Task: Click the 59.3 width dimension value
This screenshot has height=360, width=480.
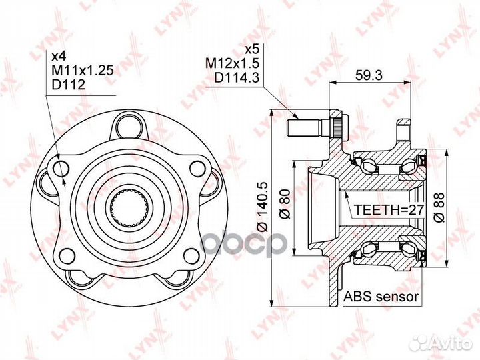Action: click(x=369, y=75)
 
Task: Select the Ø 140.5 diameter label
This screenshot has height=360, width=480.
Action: click(x=263, y=207)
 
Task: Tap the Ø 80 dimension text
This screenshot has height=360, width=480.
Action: click(x=285, y=205)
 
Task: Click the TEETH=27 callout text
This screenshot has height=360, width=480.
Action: click(x=389, y=210)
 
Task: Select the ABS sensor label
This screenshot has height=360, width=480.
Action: click(x=381, y=297)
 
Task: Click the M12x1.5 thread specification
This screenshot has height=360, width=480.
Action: click(x=233, y=63)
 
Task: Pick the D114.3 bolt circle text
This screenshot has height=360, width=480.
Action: click(x=237, y=77)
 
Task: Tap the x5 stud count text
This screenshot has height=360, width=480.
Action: click(x=252, y=49)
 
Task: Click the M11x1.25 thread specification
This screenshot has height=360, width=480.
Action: click(x=83, y=70)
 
